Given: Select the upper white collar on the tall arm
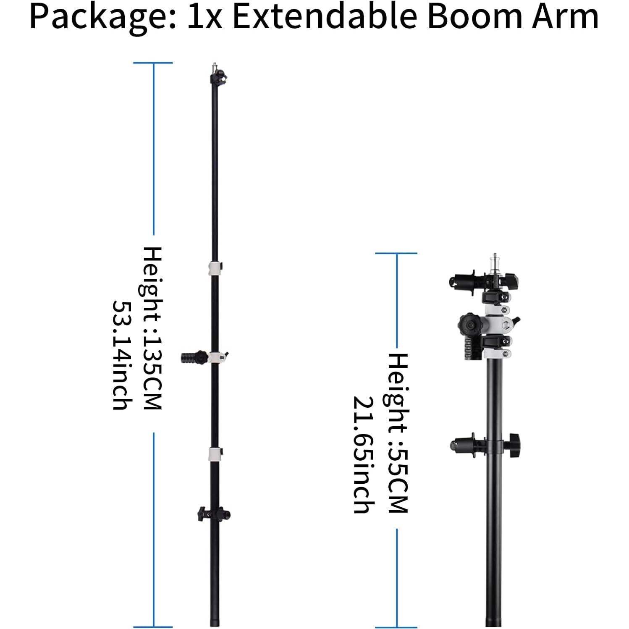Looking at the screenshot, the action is pos(215,267).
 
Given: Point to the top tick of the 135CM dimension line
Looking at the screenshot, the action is pos(153,63).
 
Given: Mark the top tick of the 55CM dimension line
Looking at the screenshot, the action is pos(396,253).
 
